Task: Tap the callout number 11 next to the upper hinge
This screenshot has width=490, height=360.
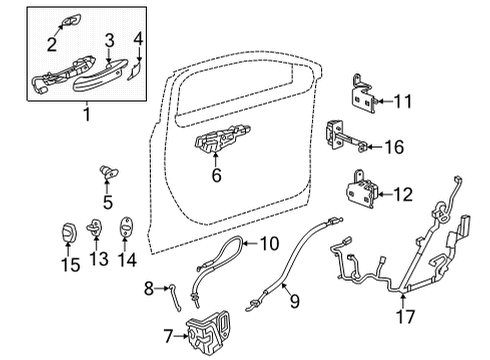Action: pos(402,100)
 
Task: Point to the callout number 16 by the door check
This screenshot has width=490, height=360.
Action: pos(395,147)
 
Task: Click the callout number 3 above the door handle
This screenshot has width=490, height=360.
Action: pos(110,39)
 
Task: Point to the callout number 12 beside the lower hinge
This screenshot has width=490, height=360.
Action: pos(402,192)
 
